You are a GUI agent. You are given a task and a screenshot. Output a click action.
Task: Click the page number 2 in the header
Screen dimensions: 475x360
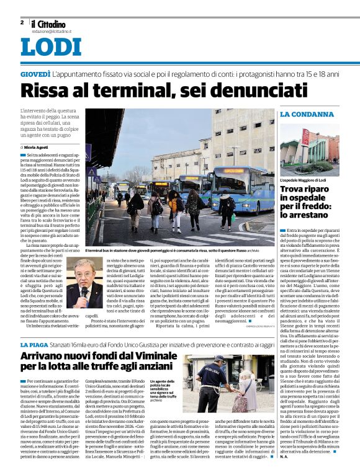point(22,22)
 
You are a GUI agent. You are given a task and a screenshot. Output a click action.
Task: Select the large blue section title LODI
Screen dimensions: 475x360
point(51,48)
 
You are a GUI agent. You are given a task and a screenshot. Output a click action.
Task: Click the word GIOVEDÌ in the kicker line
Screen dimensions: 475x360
point(35,74)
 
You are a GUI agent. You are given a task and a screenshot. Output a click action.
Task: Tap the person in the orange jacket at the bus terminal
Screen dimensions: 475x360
point(174,205)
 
